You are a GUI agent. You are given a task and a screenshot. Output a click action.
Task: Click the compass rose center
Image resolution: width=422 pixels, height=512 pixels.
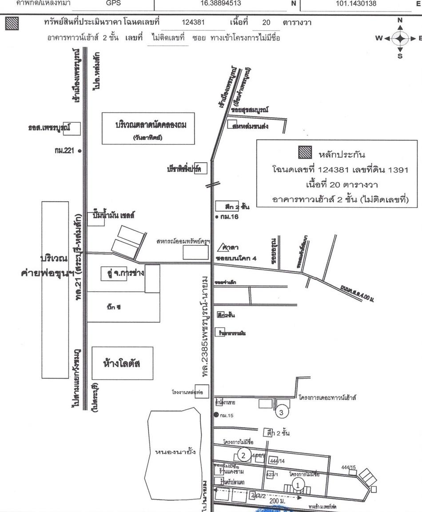400,38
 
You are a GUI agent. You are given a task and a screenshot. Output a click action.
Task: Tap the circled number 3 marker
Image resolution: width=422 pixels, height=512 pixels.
282,412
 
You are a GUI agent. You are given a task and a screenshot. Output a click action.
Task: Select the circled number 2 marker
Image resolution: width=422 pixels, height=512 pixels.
243,454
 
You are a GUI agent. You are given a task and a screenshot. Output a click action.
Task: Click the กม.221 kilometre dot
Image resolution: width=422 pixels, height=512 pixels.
80,151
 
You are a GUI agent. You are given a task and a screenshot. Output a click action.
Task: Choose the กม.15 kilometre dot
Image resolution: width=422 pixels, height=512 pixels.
216,415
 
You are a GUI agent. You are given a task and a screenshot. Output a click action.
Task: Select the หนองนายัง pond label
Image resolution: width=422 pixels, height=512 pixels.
175,452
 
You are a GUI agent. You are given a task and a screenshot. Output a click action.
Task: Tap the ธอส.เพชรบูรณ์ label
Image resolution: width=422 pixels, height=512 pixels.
47,128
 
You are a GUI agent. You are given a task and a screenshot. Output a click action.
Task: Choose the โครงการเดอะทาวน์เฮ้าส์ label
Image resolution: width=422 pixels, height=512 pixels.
328,397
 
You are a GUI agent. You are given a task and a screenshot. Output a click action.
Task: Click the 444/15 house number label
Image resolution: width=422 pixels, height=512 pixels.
349,468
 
